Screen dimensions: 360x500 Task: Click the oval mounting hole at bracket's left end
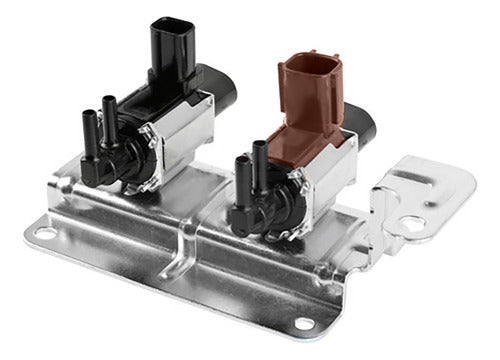click(45, 234)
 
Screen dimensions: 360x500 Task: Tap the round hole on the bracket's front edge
click(302, 322)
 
